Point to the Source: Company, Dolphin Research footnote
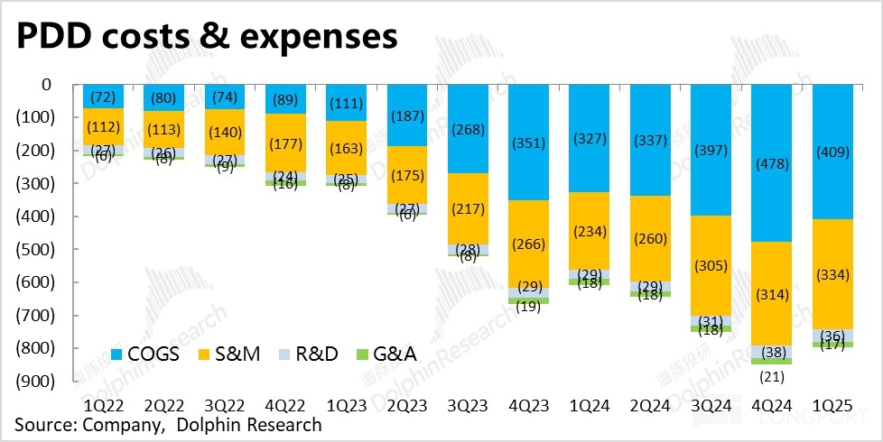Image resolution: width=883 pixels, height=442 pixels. click(x=167, y=424)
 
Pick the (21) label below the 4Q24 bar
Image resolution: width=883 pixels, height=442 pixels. click(x=776, y=375)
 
